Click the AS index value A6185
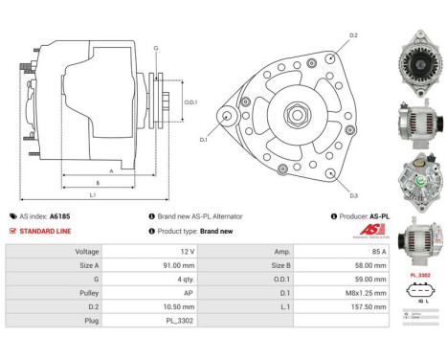[60, 216]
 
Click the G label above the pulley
[156, 46]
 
